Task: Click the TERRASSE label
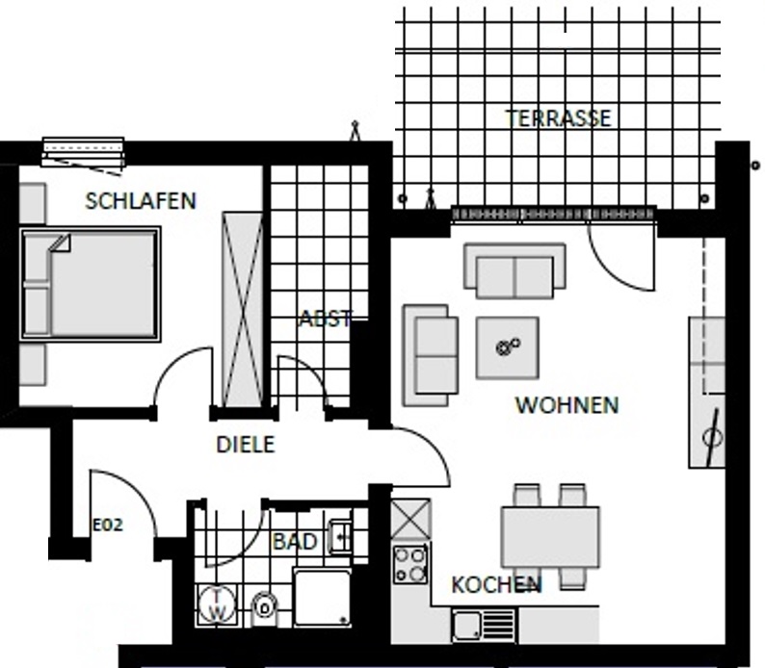click(x=558, y=118)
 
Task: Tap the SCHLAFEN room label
click(x=141, y=201)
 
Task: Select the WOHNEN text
click(x=567, y=405)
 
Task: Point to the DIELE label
click(x=246, y=445)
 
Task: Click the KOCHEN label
click(x=496, y=584)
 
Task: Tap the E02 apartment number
click(x=108, y=525)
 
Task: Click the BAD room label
click(x=295, y=541)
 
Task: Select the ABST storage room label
click(x=325, y=319)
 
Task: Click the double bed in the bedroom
click(x=91, y=284)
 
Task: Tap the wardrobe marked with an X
click(x=243, y=309)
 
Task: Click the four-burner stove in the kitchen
click(x=410, y=564)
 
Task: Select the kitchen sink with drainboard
click(x=484, y=624)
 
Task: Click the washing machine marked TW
click(x=217, y=604)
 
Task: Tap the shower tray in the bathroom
click(x=322, y=598)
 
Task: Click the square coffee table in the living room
click(x=508, y=347)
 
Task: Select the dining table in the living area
click(x=550, y=537)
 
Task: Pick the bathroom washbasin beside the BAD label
click(x=340, y=537)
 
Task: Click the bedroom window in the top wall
click(x=83, y=152)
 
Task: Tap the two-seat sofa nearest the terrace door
click(x=514, y=270)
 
